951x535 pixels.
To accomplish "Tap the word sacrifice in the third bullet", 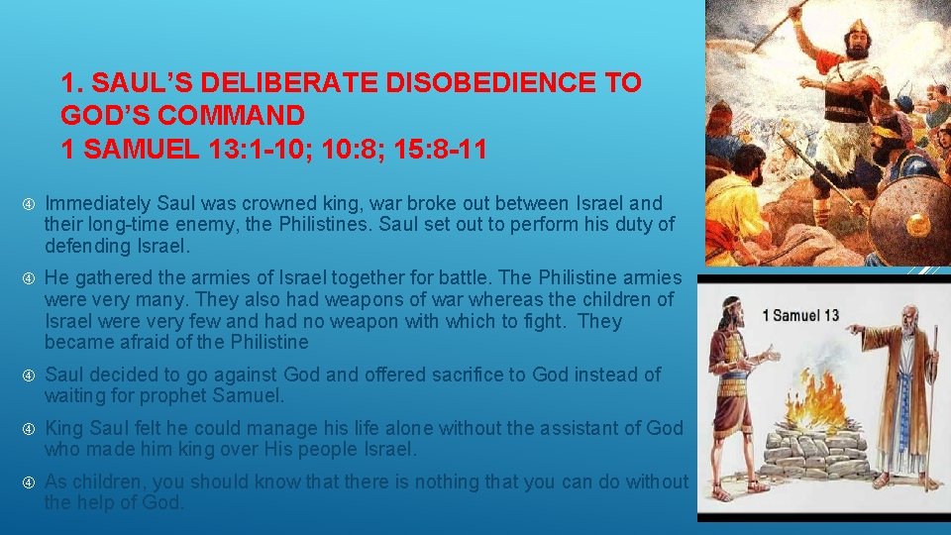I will pyautogui.click(x=474, y=374).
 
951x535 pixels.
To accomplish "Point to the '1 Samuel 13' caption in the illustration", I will pyautogui.click(x=801, y=316).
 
